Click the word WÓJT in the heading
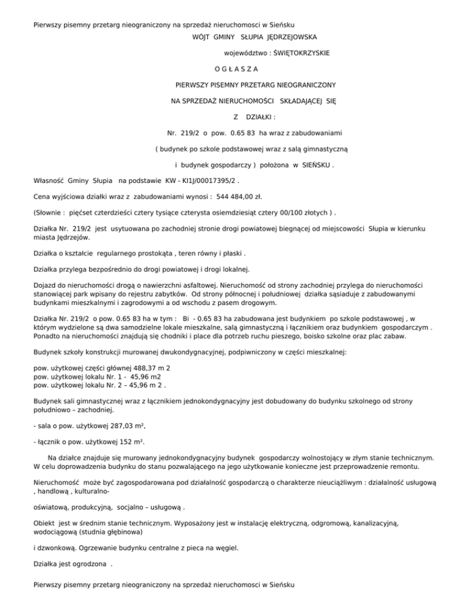tap(202, 37)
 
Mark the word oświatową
tap(53, 508)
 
